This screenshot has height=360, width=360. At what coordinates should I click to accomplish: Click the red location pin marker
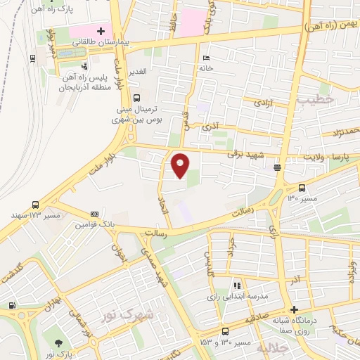(180, 165)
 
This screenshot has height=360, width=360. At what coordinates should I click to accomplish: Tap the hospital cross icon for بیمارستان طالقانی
(101, 32)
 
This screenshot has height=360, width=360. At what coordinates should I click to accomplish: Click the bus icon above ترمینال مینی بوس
(136, 98)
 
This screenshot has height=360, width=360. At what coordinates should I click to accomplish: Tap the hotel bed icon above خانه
(205, 58)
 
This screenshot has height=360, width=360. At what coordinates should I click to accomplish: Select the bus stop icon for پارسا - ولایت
(278, 167)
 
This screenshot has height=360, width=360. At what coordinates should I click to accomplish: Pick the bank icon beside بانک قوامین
(94, 214)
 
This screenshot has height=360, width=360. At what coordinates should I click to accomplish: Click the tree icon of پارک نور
(58, 342)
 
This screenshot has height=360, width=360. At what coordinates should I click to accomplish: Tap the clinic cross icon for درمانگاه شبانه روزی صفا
(294, 310)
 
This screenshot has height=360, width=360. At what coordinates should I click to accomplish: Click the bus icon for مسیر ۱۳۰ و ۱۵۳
(225, 331)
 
